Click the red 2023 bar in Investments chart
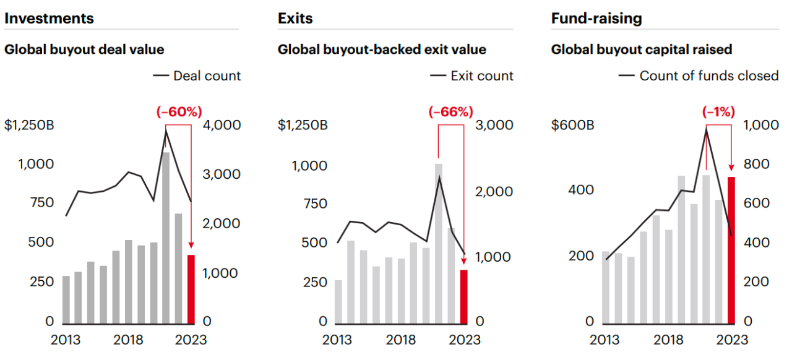tap(191, 289)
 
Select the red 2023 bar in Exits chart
tap(463, 296)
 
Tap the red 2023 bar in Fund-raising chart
tap(731, 250)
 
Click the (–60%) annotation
tap(179, 112)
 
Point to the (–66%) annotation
tap(450, 112)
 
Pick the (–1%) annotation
tap(718, 112)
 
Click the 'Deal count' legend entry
tap(197, 76)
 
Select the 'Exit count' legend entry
tap(472, 76)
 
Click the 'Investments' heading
tap(49, 19)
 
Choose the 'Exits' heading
tap(295, 19)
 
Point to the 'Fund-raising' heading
tap(596, 19)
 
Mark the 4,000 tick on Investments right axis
tap(222, 126)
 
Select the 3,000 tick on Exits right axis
tap(494, 126)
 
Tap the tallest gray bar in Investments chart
tap(166, 238)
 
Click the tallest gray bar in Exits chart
tap(439, 243)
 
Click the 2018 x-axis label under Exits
tap(401, 340)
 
